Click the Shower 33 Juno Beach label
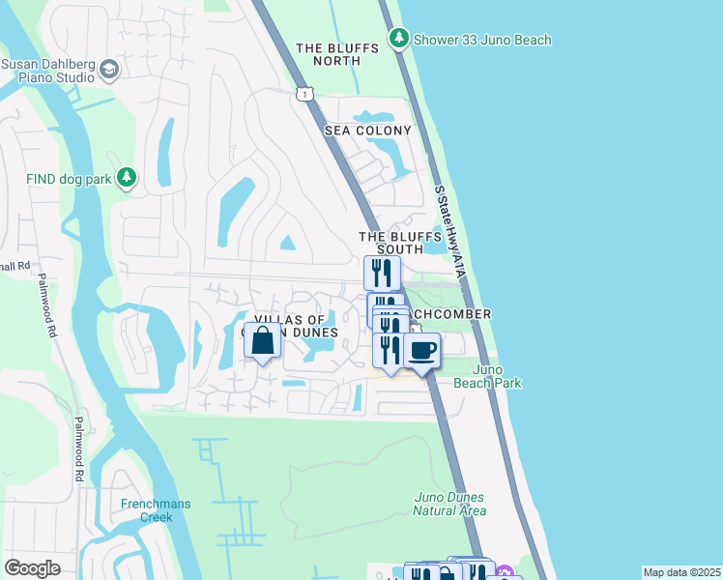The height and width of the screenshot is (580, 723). (482, 40)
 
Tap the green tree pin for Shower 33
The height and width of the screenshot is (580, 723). (398, 39)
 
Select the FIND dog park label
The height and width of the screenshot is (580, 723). (70, 178)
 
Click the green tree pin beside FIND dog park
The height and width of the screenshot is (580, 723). (126, 177)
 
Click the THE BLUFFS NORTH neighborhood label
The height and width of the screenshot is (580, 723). (328, 54)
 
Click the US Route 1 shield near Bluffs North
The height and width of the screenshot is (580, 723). (304, 93)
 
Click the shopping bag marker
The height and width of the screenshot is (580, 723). (263, 341)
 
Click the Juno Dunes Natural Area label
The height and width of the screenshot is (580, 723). (448, 504)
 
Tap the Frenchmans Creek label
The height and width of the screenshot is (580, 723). (147, 510)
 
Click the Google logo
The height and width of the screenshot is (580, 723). (32, 568)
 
